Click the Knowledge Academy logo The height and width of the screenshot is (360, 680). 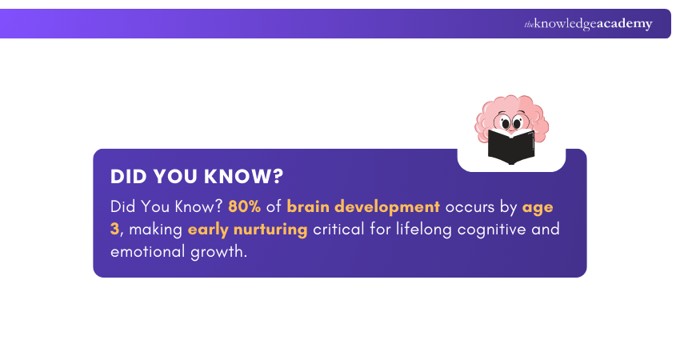[x=588, y=24]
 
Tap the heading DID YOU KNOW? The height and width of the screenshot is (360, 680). [x=197, y=177]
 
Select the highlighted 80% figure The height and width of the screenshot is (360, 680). [x=245, y=206]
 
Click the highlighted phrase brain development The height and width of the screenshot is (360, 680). [x=363, y=206]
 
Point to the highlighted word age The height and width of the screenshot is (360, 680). [x=538, y=206]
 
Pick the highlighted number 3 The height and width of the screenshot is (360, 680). [x=115, y=230]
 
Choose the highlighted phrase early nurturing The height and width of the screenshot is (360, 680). [x=248, y=230]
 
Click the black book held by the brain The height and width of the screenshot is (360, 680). [x=511, y=147]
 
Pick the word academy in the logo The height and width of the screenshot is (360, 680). [x=623, y=24]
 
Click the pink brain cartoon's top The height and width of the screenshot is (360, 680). [x=510, y=102]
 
